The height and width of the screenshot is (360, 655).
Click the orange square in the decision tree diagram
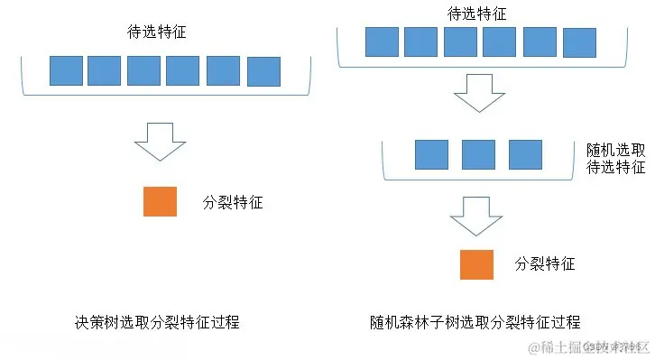[x=160, y=201]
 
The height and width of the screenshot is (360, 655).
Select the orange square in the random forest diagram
[x=476, y=263]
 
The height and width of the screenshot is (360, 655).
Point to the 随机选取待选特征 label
[x=615, y=157]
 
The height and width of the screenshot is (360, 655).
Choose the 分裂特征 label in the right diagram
[x=545, y=264]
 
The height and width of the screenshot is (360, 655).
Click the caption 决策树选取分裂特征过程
[x=158, y=322]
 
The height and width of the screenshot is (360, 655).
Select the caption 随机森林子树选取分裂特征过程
[x=475, y=322]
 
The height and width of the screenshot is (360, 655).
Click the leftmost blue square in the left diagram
[x=66, y=70]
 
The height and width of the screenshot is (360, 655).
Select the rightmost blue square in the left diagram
[x=263, y=71]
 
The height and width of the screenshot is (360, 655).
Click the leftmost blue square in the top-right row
[x=381, y=42]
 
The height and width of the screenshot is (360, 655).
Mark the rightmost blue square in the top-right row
[x=578, y=42]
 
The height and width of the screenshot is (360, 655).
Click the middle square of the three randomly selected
[x=478, y=154]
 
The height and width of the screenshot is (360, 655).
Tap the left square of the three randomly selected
[x=431, y=154]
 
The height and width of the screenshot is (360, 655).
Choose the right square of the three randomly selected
[x=525, y=154]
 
